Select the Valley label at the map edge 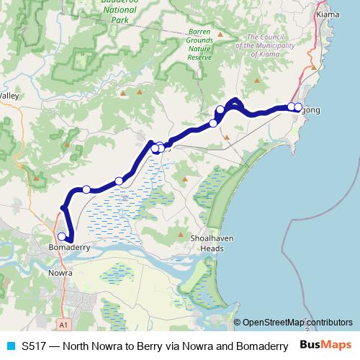point(9,95)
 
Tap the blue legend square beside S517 point(9,346)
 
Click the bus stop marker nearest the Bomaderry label point(63,236)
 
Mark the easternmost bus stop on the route point(299,107)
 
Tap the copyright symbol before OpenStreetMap point(237,322)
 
